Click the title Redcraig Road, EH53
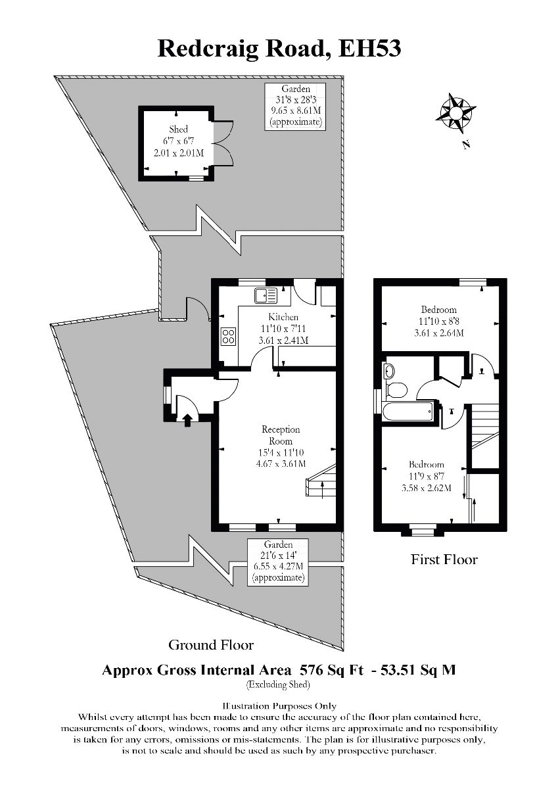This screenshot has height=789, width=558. [279, 47]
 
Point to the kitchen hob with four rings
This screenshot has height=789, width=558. [228, 337]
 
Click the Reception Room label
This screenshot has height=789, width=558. [281, 435]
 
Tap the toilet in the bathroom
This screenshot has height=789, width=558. [396, 390]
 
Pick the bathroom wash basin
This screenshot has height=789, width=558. [389, 370]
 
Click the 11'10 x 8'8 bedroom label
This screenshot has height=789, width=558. [439, 321]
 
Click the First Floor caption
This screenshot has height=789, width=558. [444, 560]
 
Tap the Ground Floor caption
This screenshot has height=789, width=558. [211, 644]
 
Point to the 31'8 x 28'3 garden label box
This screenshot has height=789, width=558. [296, 106]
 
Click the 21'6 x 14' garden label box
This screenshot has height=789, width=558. [278, 562]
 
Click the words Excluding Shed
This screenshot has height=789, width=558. [278, 685]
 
